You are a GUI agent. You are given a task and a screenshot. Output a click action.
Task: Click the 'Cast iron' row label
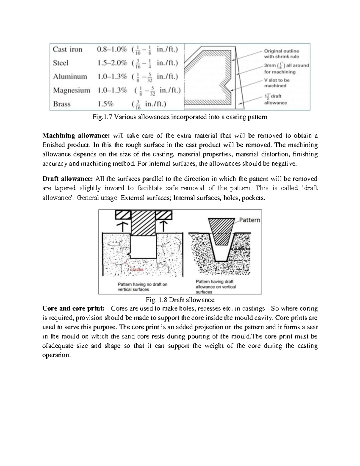pyautogui.click(x=67, y=49)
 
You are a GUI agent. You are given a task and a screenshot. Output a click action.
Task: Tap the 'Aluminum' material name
pyautogui.click(x=70, y=77)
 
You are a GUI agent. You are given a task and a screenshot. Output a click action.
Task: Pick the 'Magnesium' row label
pyautogui.click(x=71, y=90)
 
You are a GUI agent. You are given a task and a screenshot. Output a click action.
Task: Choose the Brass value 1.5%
pyautogui.click(x=105, y=104)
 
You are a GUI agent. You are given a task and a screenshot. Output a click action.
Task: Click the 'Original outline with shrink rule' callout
pyautogui.click(x=281, y=54)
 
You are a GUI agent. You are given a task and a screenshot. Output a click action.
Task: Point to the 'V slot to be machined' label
pyautogui.click(x=277, y=83)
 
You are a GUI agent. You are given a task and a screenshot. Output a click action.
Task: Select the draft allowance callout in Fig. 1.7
pyautogui.click(x=275, y=100)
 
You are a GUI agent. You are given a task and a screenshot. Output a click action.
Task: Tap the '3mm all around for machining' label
pyautogui.click(x=286, y=68)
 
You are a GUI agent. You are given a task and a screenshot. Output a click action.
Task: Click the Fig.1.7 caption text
pyautogui.click(x=180, y=117)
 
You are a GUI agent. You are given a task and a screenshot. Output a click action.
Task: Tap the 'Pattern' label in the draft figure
pyautogui.click(x=250, y=220)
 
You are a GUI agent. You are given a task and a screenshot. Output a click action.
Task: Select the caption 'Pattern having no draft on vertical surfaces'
pyautogui.click(x=142, y=287)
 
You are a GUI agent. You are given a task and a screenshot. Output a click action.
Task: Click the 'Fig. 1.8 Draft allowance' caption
pyautogui.click(x=180, y=300)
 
